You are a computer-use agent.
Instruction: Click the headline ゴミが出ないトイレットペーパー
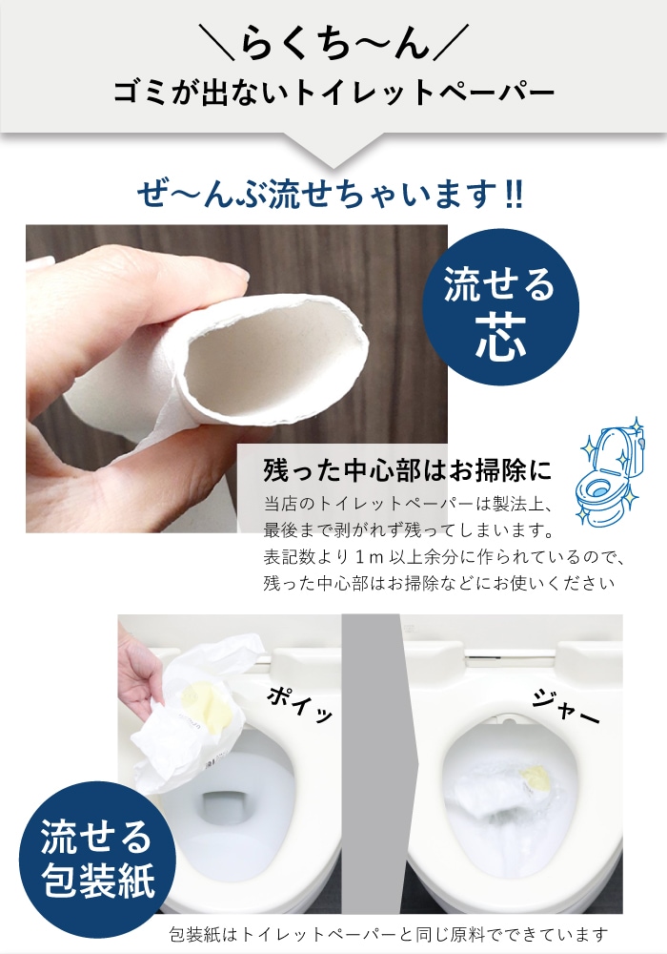click(333, 93)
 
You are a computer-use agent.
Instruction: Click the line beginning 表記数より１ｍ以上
click(448, 555)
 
